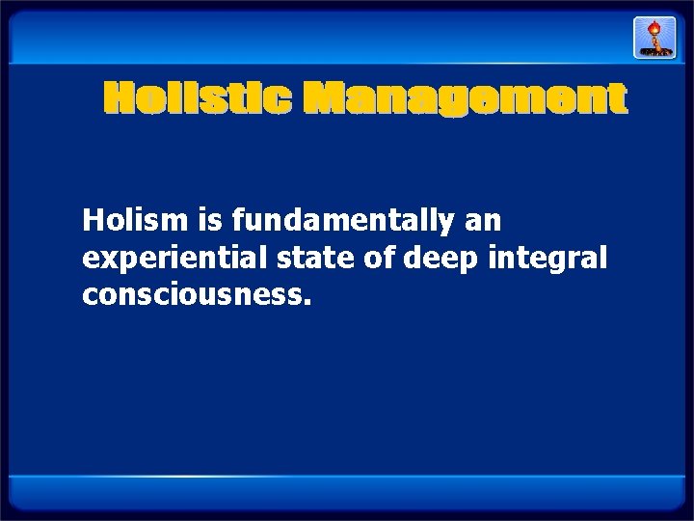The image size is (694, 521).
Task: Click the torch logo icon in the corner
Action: point(654,38)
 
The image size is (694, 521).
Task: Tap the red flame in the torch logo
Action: point(654,27)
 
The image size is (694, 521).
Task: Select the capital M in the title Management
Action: point(325,99)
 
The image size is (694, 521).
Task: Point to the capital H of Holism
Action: point(93,222)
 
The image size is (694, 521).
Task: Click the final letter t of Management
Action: point(617,100)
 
